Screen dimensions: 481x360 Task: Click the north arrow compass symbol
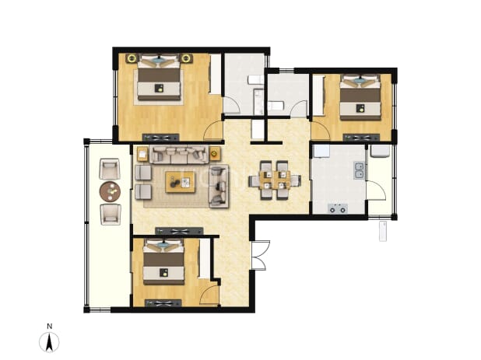pos(49,341)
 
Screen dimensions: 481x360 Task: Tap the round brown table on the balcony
pos(110,191)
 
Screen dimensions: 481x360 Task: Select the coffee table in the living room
pos(180,182)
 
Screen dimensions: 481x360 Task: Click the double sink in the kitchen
pos(359,170)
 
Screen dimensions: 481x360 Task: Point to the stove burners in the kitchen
pos(338,208)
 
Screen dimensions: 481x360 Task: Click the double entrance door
pos(260,256)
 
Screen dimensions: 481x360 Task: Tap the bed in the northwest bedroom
pos(159,77)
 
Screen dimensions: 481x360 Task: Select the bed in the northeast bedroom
pos(360,97)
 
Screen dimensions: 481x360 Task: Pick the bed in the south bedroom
pos(163,261)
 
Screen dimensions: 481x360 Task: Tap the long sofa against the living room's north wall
pos(179,155)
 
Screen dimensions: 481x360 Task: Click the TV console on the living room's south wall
pos(179,232)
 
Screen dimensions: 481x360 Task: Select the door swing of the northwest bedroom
pos(212,131)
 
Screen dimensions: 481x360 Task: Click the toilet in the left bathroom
pos(255,80)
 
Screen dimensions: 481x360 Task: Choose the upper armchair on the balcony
pos(110,169)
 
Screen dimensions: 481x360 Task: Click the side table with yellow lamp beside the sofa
pos(215,153)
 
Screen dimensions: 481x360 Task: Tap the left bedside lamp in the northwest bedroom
pos(132,58)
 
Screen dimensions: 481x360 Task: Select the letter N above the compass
pos(49,327)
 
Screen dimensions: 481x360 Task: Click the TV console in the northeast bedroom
pos(361,138)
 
